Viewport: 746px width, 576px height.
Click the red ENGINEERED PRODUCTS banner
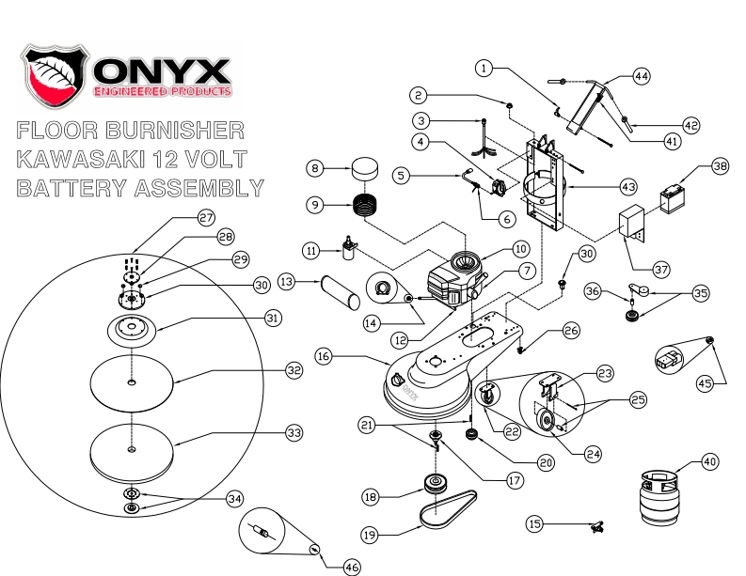pos(162,92)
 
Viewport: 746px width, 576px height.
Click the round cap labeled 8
pos(362,171)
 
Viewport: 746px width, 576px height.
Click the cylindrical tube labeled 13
pos(340,288)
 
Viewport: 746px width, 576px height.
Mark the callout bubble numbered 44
pos(641,77)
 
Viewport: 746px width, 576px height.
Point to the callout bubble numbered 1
pos(484,68)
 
